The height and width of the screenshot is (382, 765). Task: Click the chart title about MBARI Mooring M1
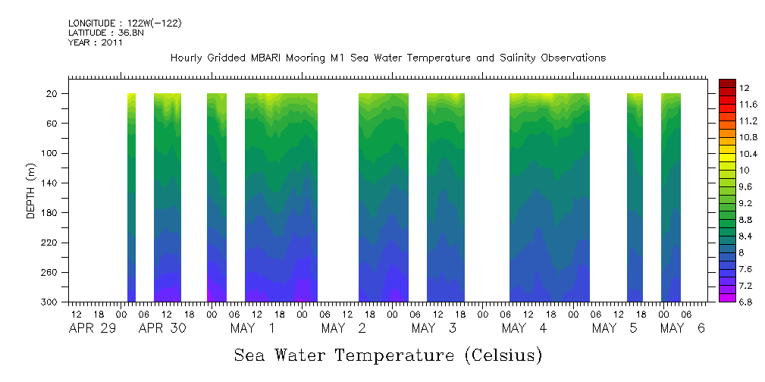click(x=387, y=58)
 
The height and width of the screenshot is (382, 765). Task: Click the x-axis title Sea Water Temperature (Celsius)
click(x=387, y=355)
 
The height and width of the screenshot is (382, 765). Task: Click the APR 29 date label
click(x=94, y=328)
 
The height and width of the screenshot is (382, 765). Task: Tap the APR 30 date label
click(x=162, y=328)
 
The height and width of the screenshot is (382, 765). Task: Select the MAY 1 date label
click(x=252, y=328)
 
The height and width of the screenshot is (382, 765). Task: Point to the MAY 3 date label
click(x=434, y=328)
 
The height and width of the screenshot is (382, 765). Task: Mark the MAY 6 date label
click(x=682, y=328)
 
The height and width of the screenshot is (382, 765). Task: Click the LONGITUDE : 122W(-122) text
click(x=124, y=23)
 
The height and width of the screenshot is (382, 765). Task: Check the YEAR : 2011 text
click(x=95, y=42)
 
